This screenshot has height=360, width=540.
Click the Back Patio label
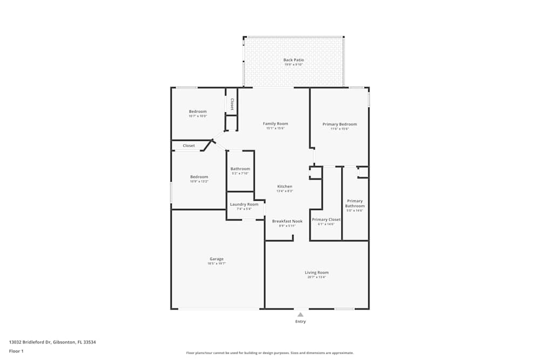pyautogui.click(x=294, y=60)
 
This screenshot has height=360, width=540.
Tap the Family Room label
pyautogui.click(x=275, y=124)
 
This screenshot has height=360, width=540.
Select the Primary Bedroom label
pyautogui.click(x=340, y=124)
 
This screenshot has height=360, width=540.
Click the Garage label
pyautogui.click(x=217, y=259)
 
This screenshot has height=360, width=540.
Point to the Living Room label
pyautogui.click(x=316, y=273)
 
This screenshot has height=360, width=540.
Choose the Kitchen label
pyautogui.click(x=285, y=187)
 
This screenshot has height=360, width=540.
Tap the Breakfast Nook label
pyautogui.click(x=287, y=221)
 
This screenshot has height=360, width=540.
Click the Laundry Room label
pyautogui.click(x=244, y=205)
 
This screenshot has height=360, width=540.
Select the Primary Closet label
pyautogui.click(x=326, y=220)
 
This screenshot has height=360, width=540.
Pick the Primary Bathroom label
pyautogui.click(x=355, y=203)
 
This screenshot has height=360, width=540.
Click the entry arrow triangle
pyautogui.click(x=300, y=314)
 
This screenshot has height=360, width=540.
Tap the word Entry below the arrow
pyautogui.click(x=300, y=322)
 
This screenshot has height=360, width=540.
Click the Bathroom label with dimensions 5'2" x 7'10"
pyautogui.click(x=240, y=169)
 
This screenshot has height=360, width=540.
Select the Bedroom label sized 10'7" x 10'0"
pyautogui.click(x=198, y=112)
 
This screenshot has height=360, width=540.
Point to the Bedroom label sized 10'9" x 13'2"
pyautogui.click(x=199, y=177)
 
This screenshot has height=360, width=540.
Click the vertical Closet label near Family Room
pyautogui.click(x=232, y=104)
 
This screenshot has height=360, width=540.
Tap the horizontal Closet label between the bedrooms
pyautogui.click(x=189, y=146)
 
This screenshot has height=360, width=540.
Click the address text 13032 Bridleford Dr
pyautogui.click(x=52, y=342)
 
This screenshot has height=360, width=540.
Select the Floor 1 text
pyautogui.click(x=16, y=351)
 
